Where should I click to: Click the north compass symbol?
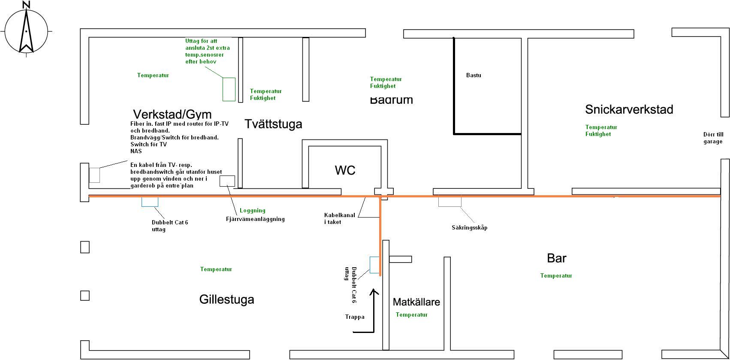27,30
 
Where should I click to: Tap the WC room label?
345,170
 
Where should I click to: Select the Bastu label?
474,75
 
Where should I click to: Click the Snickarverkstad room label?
629,109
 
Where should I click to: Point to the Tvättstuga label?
273,124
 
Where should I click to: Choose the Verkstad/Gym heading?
172,114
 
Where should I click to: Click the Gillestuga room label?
226,299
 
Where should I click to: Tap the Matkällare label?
416,302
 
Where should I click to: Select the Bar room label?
556,258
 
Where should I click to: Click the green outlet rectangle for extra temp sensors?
229,89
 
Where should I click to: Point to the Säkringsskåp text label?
469,228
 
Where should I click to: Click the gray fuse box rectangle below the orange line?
449,201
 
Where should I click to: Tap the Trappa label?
355,317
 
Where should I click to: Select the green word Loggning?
252,211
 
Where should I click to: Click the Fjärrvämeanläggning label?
255,219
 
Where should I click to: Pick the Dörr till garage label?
713,138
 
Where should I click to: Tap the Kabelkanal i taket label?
339,218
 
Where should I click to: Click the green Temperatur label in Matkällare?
411,315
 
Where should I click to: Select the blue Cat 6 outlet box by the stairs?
374,265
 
